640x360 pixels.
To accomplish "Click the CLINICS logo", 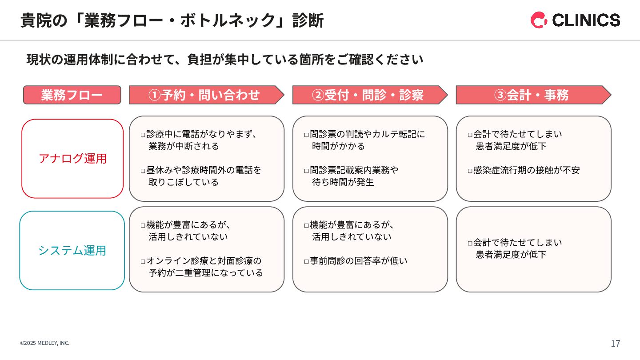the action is click(x=575, y=20).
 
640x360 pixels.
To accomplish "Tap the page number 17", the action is click(x=616, y=344).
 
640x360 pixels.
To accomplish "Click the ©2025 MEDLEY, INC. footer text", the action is click(x=45, y=343).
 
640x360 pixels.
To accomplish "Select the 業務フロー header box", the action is click(x=72, y=95).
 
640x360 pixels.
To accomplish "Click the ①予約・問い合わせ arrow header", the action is click(x=204, y=95).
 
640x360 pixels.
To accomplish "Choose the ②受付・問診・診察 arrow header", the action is click(x=368, y=95).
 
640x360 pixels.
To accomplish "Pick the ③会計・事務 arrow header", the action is click(x=532, y=95).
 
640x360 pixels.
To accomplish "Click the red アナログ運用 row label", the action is click(x=72, y=159).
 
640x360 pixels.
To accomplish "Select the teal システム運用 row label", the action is click(x=72, y=251).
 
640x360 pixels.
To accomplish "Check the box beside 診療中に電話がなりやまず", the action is click(x=143, y=135).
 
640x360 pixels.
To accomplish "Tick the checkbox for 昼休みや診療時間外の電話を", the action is click(x=143, y=171).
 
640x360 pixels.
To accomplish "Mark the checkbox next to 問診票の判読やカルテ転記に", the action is click(x=307, y=135).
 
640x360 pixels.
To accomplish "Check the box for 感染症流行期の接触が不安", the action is click(x=470, y=171).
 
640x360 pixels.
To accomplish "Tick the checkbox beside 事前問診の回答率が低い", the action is click(x=307, y=261).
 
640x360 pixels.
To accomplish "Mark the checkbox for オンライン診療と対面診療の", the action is click(x=143, y=261).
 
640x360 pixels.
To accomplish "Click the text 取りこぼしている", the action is click(x=184, y=182).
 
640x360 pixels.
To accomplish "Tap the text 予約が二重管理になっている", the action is click(x=206, y=273).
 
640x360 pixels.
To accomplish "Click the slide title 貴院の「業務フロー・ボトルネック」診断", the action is click(x=172, y=20).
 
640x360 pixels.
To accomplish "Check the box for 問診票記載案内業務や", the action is click(x=307, y=171).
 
